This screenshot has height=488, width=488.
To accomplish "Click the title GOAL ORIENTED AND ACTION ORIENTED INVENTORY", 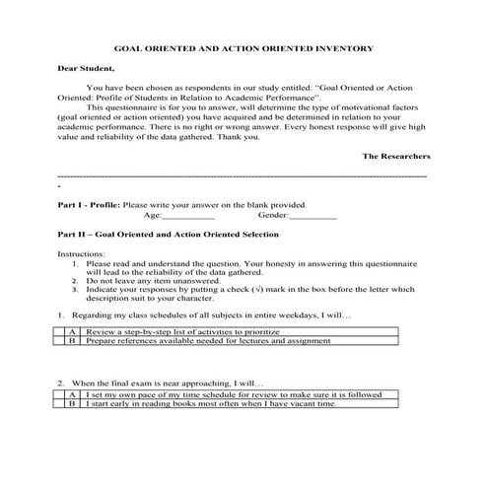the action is click(x=243, y=47).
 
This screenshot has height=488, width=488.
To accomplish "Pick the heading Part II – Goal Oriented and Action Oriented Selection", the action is click(x=168, y=235).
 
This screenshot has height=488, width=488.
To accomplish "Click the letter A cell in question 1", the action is click(x=74, y=333).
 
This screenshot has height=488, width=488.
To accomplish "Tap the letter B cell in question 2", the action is click(x=74, y=403).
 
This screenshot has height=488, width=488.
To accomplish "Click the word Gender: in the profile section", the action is click(x=273, y=214).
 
